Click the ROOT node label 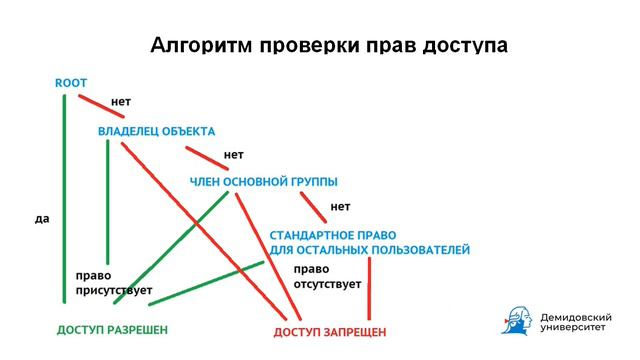pyautogui.click(x=72, y=83)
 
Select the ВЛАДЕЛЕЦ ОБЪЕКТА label pyautogui.click(x=156, y=131)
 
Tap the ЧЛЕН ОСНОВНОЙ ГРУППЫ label pyautogui.click(x=263, y=181)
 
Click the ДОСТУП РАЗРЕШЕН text pyautogui.click(x=112, y=329)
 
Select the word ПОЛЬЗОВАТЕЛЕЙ pyautogui.click(x=420, y=249)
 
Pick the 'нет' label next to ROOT pyautogui.click(x=121, y=102)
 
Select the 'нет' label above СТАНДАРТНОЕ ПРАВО pyautogui.click(x=340, y=207)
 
